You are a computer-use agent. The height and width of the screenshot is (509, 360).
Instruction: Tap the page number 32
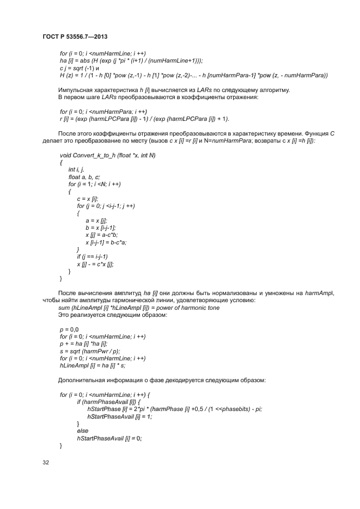point(46,463)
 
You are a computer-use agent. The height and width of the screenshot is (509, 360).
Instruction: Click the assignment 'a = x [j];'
point(97,220)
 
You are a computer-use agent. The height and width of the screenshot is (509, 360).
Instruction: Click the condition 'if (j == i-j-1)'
point(92,256)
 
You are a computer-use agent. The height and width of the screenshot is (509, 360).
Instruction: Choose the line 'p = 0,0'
point(69,329)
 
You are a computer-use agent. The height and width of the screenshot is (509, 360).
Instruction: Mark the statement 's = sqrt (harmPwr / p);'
point(89,351)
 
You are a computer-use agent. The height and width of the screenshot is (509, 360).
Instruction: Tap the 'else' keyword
point(83,431)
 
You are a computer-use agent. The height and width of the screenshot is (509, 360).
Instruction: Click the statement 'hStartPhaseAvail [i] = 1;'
point(119,416)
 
